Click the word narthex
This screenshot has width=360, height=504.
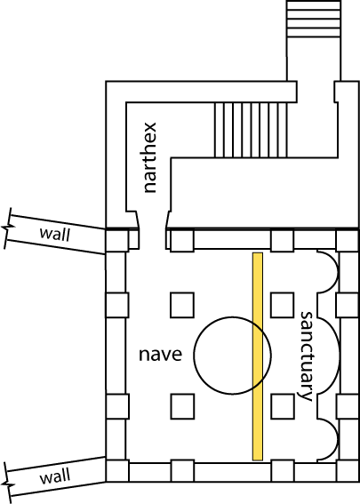(150, 157)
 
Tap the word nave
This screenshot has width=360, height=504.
(160, 354)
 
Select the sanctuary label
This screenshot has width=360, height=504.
(306, 356)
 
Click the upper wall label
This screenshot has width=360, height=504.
(54, 234)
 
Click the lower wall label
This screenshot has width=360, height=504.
(54, 476)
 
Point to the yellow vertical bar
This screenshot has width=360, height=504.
(258, 356)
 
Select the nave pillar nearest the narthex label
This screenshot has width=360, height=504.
(182, 305)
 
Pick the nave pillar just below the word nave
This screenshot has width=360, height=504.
(182, 406)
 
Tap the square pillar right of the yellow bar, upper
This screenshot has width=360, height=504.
(282, 305)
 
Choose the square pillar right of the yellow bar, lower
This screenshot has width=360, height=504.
(282, 406)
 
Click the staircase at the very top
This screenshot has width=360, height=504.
(314, 20)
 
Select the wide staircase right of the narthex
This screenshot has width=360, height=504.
(251, 130)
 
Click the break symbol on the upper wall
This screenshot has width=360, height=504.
(7, 228)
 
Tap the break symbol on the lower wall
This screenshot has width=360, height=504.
(7, 483)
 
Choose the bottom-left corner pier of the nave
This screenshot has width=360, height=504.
(117, 471)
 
